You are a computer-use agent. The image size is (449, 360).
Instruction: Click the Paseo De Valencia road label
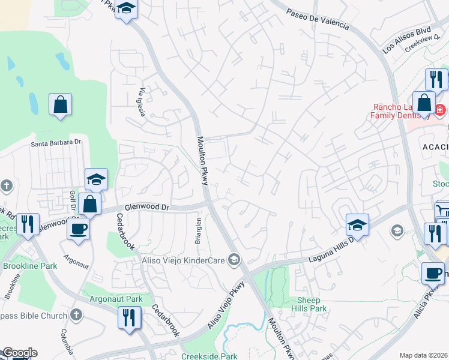pyautogui.click(x=317, y=19)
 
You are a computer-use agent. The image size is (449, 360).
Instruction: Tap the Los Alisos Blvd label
pyautogui.click(x=406, y=40)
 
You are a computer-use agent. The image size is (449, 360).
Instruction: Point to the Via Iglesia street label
pyautogui.click(x=143, y=103)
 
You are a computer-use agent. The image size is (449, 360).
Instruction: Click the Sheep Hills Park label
pyautogui.click(x=312, y=304)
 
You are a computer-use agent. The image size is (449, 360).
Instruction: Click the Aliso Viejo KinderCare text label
pyautogui.click(x=183, y=260)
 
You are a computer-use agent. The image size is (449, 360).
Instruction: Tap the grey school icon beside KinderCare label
pyautogui.click(x=235, y=260)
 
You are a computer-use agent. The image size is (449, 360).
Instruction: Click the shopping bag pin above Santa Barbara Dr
pyautogui.click(x=60, y=104)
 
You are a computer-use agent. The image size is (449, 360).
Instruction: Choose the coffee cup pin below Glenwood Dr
pyautogui.click(x=77, y=228)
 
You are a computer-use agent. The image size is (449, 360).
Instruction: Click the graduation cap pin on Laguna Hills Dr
pyautogui.click(x=357, y=225)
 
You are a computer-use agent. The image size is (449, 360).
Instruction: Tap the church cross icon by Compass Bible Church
pyautogui.click(x=76, y=314)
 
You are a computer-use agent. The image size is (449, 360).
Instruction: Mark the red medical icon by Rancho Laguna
pyautogui.click(x=439, y=110)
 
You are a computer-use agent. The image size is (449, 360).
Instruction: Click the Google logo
pyautogui.click(x=19, y=353)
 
